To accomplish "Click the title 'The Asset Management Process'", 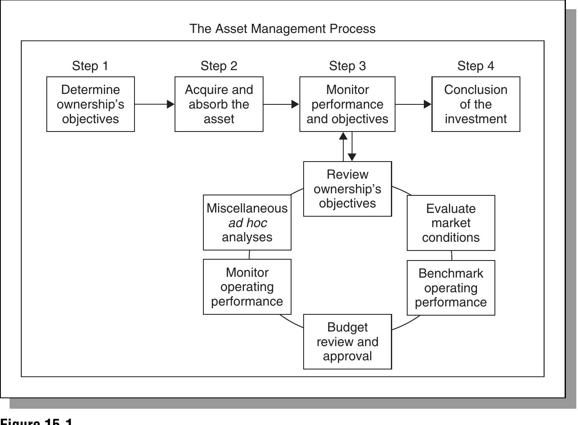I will tap(282, 29).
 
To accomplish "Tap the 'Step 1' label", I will tap(90, 66).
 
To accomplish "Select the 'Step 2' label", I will tap(219, 66).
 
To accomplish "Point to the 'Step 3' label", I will tap(347, 66).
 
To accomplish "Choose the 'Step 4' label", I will tap(475, 66).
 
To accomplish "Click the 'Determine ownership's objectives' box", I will tap(91, 104).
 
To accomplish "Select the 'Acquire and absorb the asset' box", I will tap(219, 104).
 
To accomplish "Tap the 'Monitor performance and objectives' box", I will tap(347, 104).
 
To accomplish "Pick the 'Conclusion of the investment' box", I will tap(476, 104).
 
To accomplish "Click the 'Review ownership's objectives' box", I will tap(347, 189).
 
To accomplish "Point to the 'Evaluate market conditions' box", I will tap(451, 223).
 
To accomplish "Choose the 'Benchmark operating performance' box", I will tap(451, 288).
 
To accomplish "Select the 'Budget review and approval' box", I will tap(347, 342).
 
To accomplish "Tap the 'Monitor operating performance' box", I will tap(247, 287).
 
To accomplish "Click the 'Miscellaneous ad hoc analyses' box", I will tap(247, 223).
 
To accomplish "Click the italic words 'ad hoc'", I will tap(248, 223).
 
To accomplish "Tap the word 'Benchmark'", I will tap(451, 273).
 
